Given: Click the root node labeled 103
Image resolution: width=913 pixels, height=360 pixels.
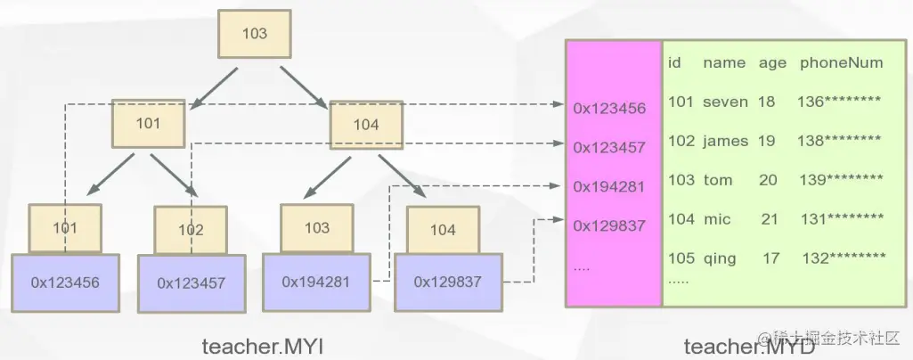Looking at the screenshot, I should pos(255,34).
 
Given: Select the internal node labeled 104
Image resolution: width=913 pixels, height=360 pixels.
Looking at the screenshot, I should pos(366,125).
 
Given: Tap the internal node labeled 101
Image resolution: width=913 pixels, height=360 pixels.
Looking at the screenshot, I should pos(148,123).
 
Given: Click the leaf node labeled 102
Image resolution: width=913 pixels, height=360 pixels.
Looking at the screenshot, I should pos(191,230).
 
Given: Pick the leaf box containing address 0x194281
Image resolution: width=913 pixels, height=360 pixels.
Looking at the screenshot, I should pos(316,281).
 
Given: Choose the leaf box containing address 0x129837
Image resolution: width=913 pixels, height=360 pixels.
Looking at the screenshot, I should pos(447,282).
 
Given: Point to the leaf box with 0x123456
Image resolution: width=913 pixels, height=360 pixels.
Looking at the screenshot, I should pos(65,282).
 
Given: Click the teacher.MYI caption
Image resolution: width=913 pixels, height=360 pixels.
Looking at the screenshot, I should pos(261,346).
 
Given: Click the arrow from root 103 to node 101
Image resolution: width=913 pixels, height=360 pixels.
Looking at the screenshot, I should pos(208,86).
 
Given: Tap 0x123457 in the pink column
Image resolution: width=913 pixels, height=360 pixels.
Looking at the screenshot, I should pos(609,147).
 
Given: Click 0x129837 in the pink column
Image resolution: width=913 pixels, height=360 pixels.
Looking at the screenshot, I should pos(609,226).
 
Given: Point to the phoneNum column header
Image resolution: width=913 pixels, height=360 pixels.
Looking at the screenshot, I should pos(841,62).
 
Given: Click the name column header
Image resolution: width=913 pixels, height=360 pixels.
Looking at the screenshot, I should pos(723,62).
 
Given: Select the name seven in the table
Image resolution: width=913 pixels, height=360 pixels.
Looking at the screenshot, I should pos(725,102).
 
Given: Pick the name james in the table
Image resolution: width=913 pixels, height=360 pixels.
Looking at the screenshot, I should pos(725,141).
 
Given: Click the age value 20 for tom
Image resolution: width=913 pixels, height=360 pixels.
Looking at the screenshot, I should pos(768,180).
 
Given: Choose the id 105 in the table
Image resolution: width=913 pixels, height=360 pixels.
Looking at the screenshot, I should pos(681,258).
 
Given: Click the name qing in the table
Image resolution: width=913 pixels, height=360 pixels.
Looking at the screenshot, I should pos(720,258).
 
